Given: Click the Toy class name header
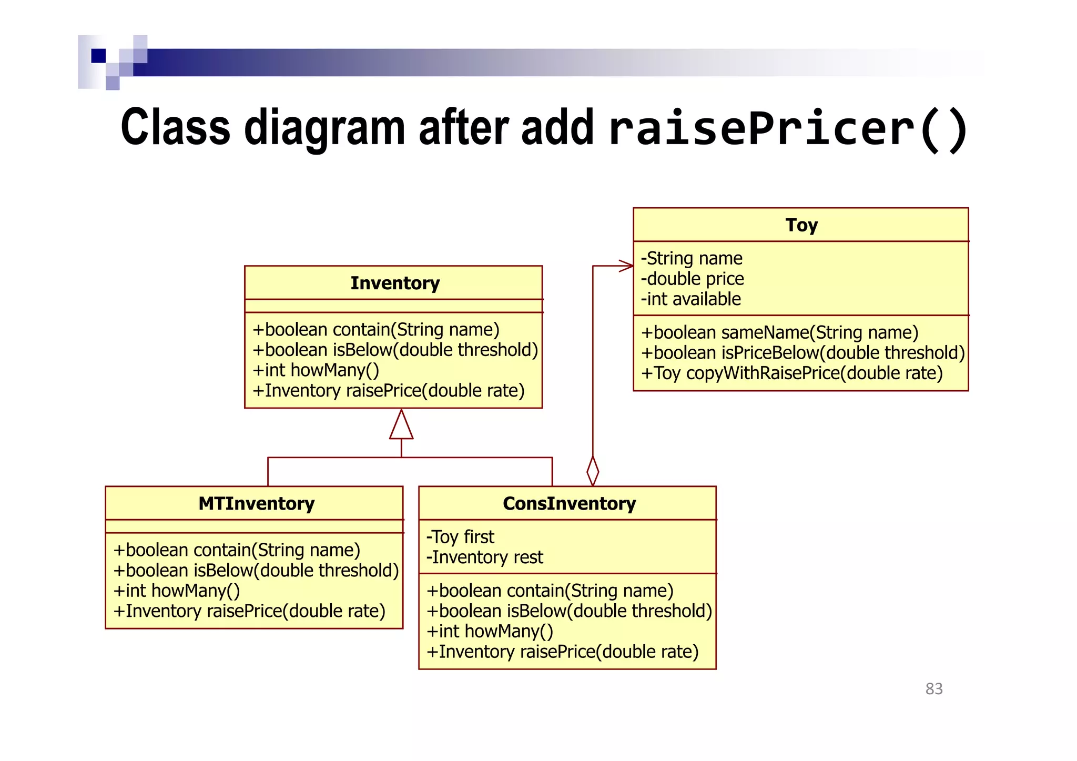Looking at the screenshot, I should click(801, 225).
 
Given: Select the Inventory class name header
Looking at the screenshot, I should click(394, 283).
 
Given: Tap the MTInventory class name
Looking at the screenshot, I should click(256, 503).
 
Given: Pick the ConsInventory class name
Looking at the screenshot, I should click(569, 503).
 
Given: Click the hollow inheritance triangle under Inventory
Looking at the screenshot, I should click(401, 426).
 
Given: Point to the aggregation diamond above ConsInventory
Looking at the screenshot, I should click(593, 471).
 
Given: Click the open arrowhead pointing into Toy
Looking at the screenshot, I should click(626, 266).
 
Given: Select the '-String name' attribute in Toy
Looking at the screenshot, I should click(692, 258).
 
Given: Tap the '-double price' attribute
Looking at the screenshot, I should click(692, 279).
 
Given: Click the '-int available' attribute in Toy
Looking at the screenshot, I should click(690, 299).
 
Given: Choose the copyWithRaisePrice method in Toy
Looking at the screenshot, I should click(791, 373).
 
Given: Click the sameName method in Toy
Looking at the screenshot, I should click(779, 332).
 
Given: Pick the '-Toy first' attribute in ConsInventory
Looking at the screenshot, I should click(460, 536).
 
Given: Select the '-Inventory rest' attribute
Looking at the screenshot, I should click(484, 557).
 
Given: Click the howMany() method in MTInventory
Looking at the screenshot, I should click(177, 591).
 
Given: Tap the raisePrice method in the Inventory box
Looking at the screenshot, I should click(389, 390).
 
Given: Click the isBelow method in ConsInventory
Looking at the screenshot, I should click(569, 611).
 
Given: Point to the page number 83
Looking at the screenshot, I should click(934, 688).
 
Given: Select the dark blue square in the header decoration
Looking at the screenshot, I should click(98, 56).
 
